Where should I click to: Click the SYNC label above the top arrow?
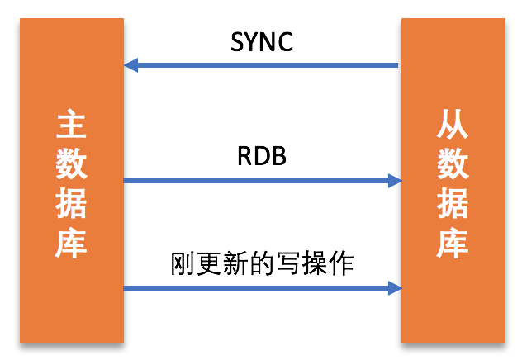[261, 42]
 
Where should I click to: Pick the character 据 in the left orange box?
[72, 205]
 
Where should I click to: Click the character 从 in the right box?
[453, 126]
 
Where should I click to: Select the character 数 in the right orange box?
[453, 165]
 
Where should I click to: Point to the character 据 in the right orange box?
[453, 204]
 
